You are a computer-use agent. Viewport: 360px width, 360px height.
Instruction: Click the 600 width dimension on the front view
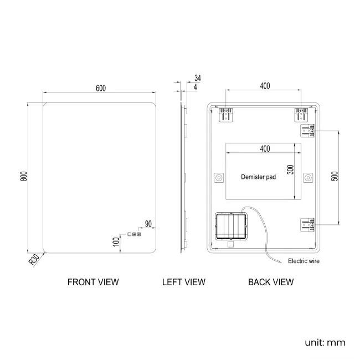[100, 88]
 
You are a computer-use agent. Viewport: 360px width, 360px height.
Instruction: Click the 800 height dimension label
[23, 176]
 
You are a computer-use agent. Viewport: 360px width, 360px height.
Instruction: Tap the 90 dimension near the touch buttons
[148, 223]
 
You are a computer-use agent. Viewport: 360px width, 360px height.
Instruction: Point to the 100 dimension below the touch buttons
[116, 241]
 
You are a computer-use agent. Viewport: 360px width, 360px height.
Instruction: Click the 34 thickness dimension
[198, 78]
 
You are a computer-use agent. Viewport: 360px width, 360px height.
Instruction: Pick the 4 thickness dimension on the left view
[197, 86]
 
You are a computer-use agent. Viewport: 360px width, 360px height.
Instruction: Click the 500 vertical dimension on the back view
[334, 177]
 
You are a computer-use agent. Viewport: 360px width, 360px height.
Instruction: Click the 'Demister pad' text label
[258, 178]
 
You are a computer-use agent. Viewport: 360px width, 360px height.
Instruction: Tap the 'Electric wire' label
[304, 260]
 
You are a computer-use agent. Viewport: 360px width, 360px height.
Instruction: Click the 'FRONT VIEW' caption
[93, 282]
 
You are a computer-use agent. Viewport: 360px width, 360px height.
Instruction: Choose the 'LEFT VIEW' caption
[183, 282]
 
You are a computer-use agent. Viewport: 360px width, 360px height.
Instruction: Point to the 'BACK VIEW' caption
[271, 282]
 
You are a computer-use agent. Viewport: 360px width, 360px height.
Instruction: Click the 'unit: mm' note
[325, 342]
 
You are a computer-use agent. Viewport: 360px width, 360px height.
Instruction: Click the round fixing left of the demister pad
[218, 178]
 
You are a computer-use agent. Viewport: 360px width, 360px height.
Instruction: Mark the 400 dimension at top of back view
[265, 86]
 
